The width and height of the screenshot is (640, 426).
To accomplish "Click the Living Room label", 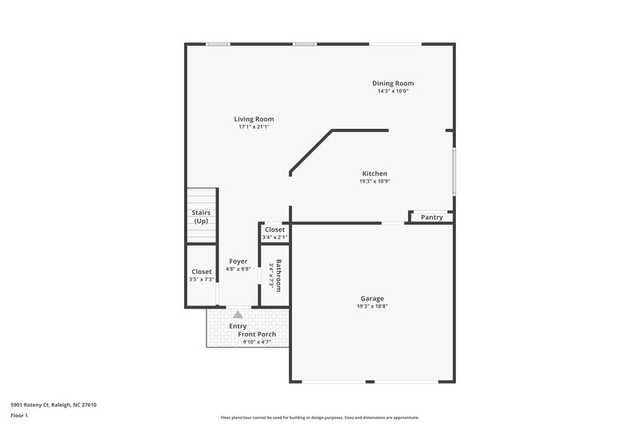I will pos(254,119).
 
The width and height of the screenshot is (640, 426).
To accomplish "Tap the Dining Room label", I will pos(393,83).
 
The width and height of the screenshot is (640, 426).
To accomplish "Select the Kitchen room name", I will pos(374,173).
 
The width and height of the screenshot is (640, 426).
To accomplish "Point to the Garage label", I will pos(372,298).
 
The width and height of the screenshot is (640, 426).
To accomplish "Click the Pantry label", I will pos(432,217).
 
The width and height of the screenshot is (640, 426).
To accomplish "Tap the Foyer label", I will pos(238,261).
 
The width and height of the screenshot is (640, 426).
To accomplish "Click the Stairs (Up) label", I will pos(201,217).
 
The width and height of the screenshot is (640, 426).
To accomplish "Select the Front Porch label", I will pos(257,334).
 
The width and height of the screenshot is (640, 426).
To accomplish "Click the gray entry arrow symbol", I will pos(238,315).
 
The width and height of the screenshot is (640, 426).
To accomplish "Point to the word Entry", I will pos(238,325).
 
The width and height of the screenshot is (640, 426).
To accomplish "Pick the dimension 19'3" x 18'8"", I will pos(372,306).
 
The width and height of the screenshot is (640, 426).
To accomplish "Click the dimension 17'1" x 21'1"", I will pos(254,127).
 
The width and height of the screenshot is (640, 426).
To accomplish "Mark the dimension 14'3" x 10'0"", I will pos(393,91).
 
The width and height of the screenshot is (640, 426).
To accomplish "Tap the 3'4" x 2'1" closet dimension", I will pos(274,237).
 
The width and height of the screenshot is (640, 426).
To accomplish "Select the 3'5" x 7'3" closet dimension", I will pos(202,280).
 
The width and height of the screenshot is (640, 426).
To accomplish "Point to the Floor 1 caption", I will pos(19,416).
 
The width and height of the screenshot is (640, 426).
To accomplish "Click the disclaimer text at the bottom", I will pos(319,417).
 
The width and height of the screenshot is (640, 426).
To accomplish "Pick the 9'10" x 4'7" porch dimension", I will pos(257,342).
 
